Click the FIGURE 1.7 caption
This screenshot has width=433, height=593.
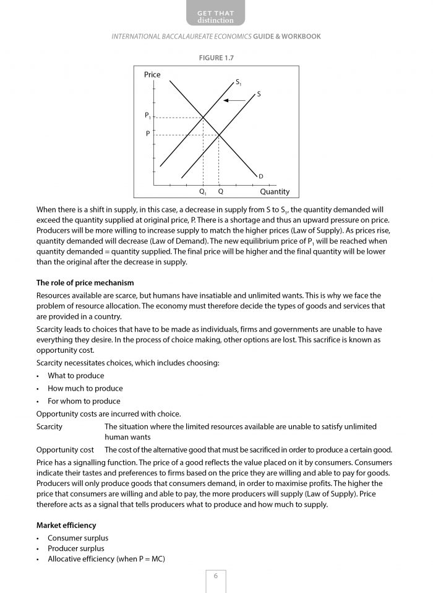pyautogui.click(x=216, y=58)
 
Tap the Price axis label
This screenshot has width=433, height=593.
pyautogui.click(x=152, y=75)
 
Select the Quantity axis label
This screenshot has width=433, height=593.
pyautogui.click(x=275, y=192)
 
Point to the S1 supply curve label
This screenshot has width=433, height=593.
pyautogui.click(x=239, y=82)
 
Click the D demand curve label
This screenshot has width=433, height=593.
pyautogui.click(x=261, y=176)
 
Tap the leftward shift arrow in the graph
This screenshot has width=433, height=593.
pyautogui.click(x=234, y=100)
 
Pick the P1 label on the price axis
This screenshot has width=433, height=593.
pyautogui.click(x=147, y=116)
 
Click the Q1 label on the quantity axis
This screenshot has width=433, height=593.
pyautogui.click(x=203, y=192)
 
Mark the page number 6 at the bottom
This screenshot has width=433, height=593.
pyautogui.click(x=216, y=576)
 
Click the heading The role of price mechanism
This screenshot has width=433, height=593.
pyautogui.click(x=85, y=283)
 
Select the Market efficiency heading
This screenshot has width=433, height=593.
pyautogui.click(x=66, y=526)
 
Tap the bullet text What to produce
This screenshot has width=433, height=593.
pyautogui.click(x=76, y=376)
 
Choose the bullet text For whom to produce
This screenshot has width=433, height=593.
pyautogui.click(x=84, y=401)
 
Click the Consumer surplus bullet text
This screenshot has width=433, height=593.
pyautogui.click(x=78, y=538)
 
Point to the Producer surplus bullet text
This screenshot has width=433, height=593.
pyautogui.click(x=76, y=548)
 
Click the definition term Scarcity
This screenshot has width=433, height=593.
pyautogui.click(x=49, y=427)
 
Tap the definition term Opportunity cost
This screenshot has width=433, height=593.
pyautogui.click(x=65, y=450)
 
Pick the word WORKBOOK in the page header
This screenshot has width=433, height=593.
pyautogui.click(x=302, y=37)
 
